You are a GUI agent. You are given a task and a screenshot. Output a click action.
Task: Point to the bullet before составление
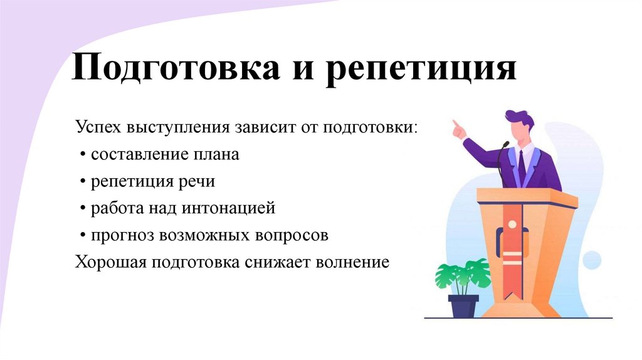pyautogui.click(x=83, y=155)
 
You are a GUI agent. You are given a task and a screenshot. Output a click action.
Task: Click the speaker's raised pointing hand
pyautogui.click(x=459, y=129)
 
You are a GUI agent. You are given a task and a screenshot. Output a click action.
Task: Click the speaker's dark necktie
pyautogui.click(x=522, y=166)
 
